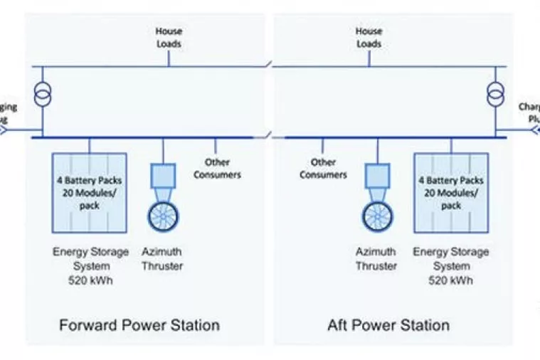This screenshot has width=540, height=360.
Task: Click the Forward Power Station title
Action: pyautogui.click(x=139, y=326)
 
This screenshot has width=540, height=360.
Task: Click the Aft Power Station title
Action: pyautogui.click(x=388, y=326)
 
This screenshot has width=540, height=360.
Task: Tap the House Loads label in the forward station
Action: pyautogui.click(x=169, y=37)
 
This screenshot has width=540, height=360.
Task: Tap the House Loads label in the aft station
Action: pyautogui.click(x=369, y=37)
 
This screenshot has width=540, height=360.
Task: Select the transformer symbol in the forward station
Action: pyautogui.click(x=43, y=95)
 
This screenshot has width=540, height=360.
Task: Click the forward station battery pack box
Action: pyautogui.click(x=90, y=192)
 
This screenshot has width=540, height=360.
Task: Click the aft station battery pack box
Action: pyautogui.click(x=450, y=192)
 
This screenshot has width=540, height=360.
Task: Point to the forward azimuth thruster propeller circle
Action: pyautogui.click(x=163, y=216)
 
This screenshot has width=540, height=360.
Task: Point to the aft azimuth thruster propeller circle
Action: pyautogui.click(x=376, y=216)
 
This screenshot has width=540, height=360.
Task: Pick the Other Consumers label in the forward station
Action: pyautogui.click(x=218, y=169)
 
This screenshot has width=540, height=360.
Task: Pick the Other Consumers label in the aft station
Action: pyautogui.click(x=322, y=169)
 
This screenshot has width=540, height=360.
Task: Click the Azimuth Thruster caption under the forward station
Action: pyautogui.click(x=162, y=259)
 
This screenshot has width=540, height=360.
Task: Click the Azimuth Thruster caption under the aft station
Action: pyautogui.click(x=376, y=259)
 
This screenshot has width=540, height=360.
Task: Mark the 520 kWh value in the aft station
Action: pyautogui.click(x=450, y=280)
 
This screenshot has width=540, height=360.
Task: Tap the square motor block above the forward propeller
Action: pyautogui.click(x=163, y=175)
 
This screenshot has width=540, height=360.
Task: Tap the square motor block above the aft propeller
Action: pyautogui.click(x=376, y=175)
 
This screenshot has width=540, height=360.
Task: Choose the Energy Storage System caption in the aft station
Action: pyautogui.click(x=450, y=258)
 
